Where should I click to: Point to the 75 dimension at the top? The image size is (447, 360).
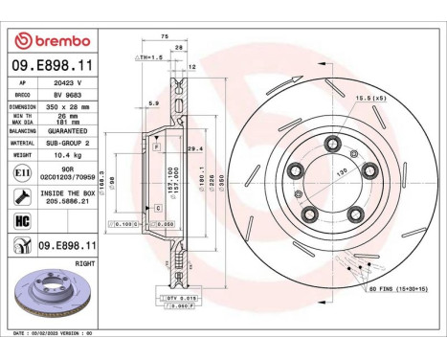pos(164,36)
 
